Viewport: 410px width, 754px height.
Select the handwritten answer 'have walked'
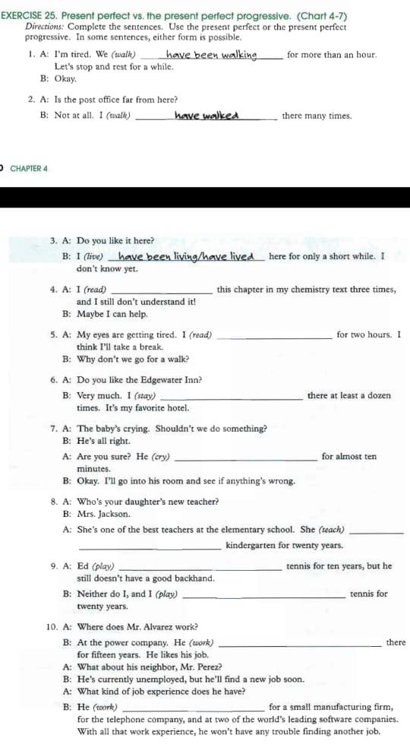207,116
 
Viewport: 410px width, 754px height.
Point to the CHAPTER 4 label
29,168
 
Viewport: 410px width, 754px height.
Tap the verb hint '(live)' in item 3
94,257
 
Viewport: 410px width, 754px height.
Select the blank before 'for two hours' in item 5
274,335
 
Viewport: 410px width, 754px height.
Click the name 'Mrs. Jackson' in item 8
104,515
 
